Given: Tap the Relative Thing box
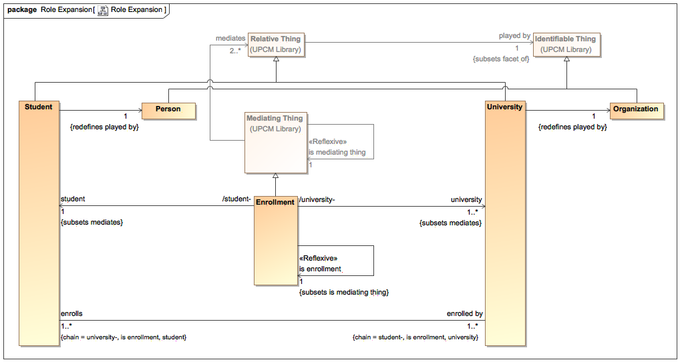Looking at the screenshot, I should point(275,44).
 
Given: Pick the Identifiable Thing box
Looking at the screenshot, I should point(566,44).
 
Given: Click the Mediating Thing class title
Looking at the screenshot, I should point(275,119).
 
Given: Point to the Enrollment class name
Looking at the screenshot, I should point(275,202).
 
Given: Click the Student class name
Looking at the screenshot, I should point(38,107).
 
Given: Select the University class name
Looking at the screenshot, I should point(505,107).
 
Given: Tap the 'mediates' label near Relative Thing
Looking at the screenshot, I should point(230,39).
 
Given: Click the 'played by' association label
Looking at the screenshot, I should point(514,35).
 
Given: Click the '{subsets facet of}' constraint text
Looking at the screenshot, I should point(501,59).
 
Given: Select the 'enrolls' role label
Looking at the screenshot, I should point(71,313).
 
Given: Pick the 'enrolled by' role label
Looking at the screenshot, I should point(464,313).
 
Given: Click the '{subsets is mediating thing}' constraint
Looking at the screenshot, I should point(343,292).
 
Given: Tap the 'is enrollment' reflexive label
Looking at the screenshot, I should point(320,269).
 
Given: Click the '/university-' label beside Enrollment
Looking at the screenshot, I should point(317,199).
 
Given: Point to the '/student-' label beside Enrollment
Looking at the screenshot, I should point(236,199).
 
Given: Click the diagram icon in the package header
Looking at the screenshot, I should point(103,10).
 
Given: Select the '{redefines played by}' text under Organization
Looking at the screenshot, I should point(572,127).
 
